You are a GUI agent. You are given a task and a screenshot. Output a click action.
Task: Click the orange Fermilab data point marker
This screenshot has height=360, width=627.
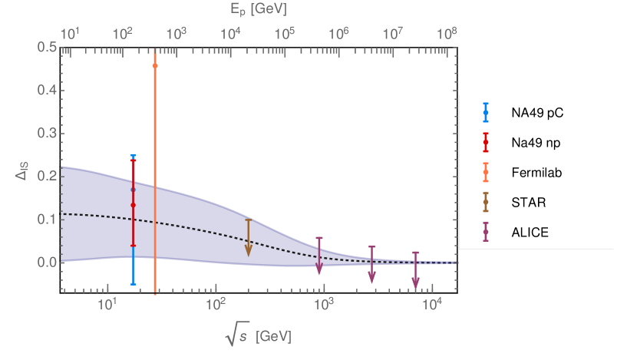coord(155,66)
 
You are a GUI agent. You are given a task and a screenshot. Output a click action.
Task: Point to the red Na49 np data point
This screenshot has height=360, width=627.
coord(133,205)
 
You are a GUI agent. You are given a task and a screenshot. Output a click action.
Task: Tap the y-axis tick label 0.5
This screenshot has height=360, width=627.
coord(48,48)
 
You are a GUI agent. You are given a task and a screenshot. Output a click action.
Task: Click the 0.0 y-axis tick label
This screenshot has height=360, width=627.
coord(48,263)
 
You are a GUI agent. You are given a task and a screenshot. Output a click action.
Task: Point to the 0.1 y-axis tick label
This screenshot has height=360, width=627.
coord(48,220)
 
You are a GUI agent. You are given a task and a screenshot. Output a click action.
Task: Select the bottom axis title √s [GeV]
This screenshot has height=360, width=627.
coord(258,336)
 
